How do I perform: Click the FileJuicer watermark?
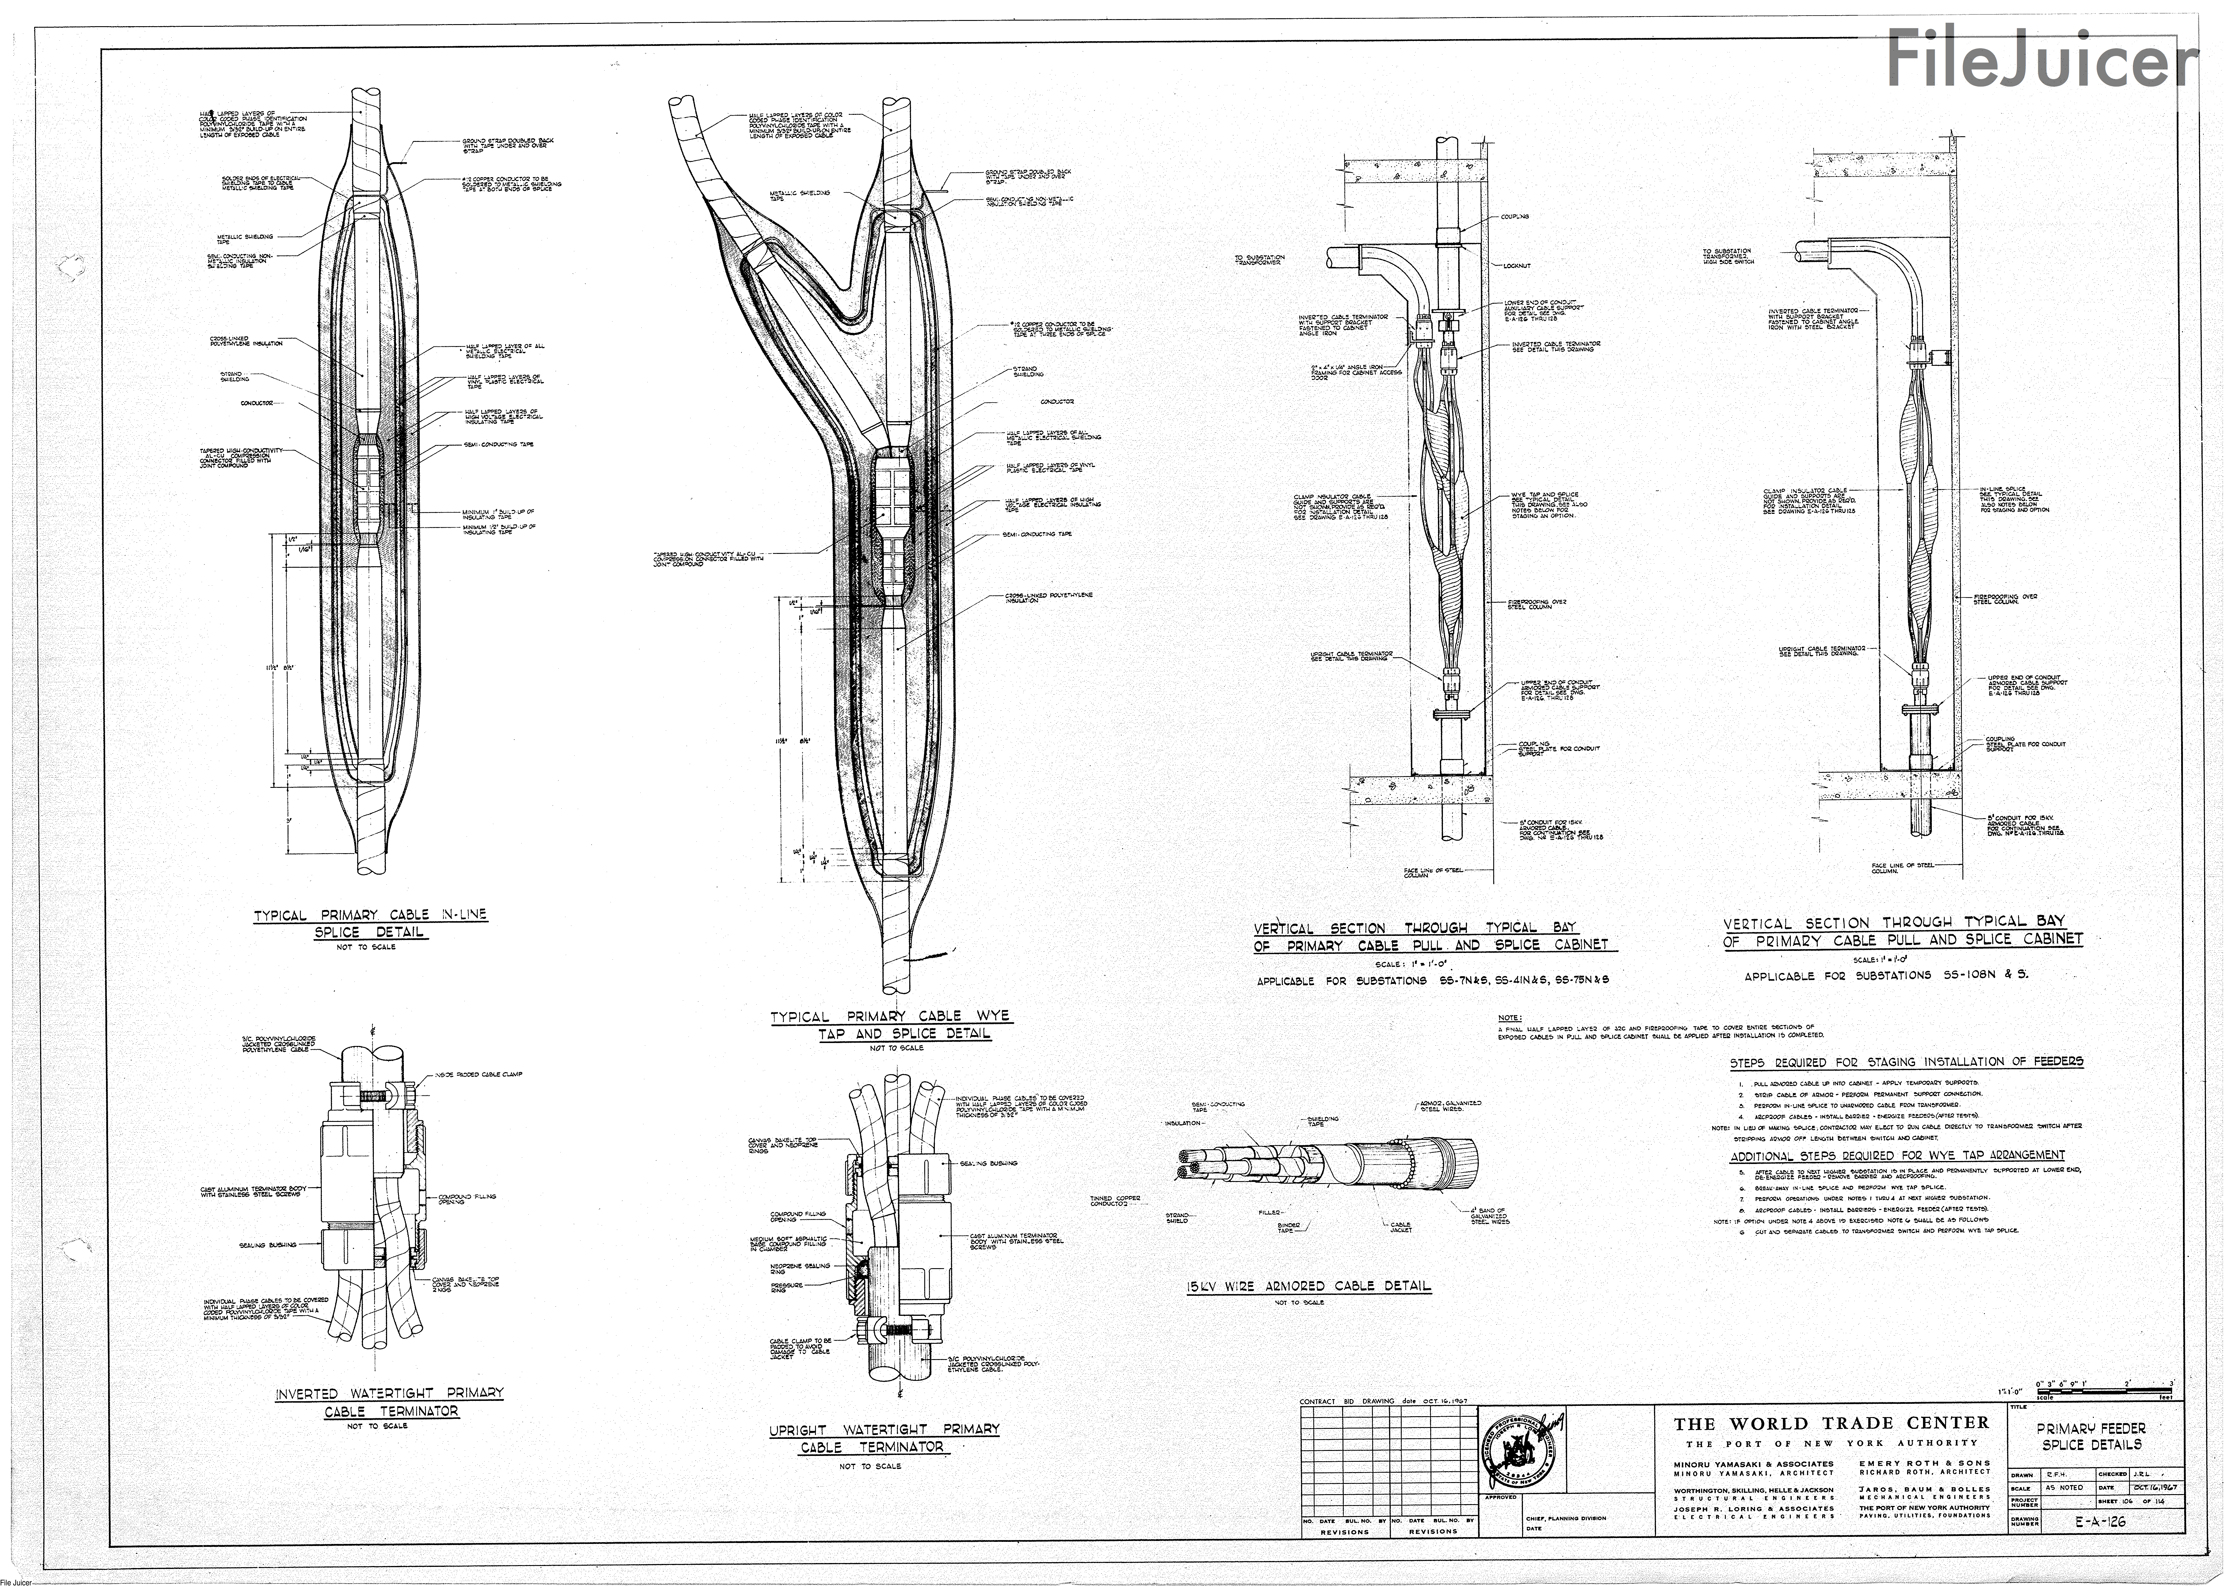2041,59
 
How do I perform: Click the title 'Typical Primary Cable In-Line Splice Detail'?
370,923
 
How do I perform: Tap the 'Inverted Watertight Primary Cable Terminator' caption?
389,1401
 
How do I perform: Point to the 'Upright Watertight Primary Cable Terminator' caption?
884,1438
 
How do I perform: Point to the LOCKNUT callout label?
1517,266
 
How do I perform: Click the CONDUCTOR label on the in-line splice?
257,402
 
